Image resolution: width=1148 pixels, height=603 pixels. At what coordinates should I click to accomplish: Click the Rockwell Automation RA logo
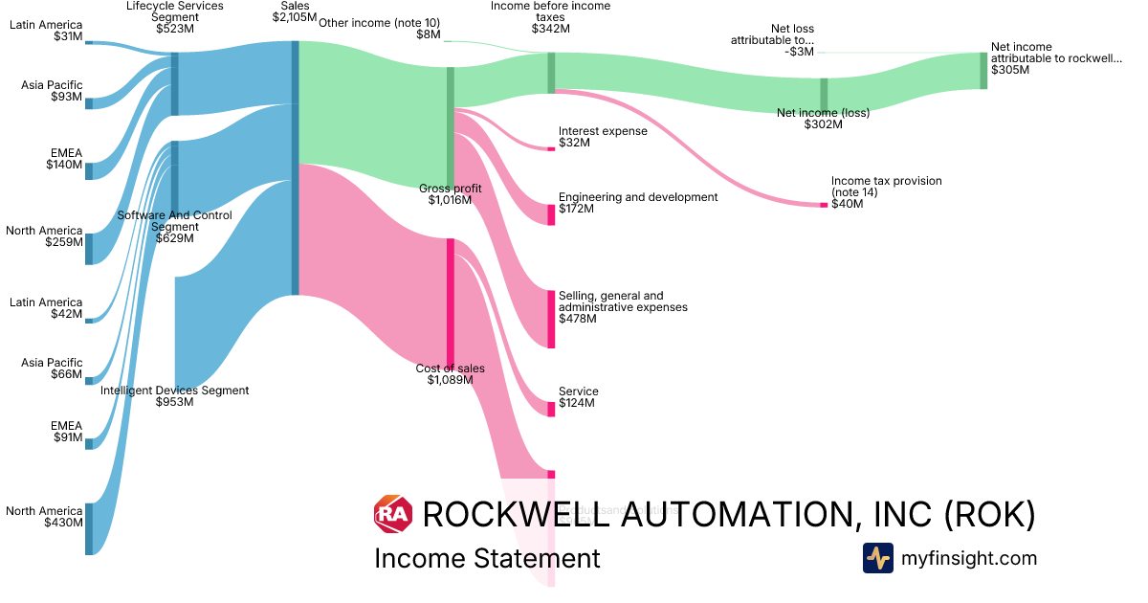[x=393, y=515]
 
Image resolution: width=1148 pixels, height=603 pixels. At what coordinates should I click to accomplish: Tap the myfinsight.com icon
[x=878, y=558]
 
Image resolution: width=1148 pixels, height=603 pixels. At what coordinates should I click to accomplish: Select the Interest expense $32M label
[x=603, y=137]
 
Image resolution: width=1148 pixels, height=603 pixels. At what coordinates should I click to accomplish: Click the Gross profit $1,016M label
[x=451, y=194]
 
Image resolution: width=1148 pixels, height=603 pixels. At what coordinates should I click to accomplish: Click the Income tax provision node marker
[x=824, y=205]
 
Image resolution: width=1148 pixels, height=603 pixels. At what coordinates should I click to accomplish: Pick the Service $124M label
[x=578, y=397]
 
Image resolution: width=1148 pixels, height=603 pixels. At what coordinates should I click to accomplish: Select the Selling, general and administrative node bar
[x=551, y=319]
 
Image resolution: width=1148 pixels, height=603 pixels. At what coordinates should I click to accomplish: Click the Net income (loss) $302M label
[x=823, y=119]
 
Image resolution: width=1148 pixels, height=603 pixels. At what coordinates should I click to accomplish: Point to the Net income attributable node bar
[x=982, y=71]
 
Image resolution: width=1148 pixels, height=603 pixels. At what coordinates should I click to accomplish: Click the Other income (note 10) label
[x=379, y=29]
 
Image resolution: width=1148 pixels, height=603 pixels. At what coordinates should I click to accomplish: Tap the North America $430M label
[x=46, y=517]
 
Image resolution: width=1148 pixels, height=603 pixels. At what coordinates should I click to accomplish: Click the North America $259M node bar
[x=89, y=248]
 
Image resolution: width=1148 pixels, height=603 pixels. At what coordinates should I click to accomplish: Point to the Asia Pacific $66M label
[x=53, y=368]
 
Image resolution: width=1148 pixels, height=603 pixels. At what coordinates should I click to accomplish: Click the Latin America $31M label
[x=46, y=31]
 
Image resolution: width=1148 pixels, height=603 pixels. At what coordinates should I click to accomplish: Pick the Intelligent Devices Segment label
[x=175, y=396]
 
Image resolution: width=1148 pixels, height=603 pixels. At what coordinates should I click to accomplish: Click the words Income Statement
[x=487, y=558]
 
